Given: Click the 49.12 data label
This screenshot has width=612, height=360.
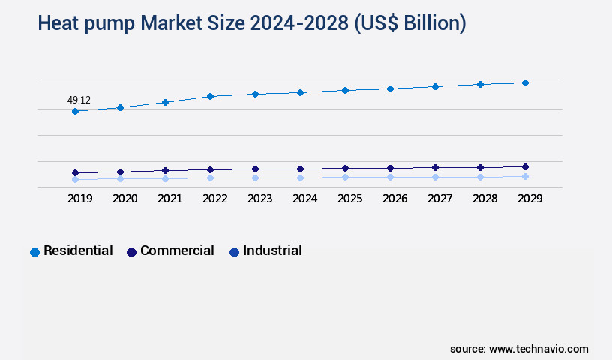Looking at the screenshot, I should (79, 100).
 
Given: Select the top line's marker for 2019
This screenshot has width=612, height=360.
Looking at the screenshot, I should (75, 112).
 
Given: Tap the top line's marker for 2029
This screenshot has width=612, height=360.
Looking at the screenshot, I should (525, 82).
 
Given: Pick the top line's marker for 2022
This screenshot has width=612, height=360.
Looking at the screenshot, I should (210, 96).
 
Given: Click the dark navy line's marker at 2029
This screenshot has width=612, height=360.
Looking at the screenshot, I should (525, 166).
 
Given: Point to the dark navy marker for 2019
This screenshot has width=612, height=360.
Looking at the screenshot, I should (75, 172).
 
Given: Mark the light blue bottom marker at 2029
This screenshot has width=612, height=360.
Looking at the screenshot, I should (525, 176).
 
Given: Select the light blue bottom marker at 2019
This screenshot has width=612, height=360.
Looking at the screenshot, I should (75, 179).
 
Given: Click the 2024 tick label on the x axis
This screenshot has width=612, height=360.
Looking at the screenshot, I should (304, 199).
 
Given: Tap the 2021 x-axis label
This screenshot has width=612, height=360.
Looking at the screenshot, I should (169, 199).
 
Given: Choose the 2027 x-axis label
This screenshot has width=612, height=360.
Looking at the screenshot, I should (439, 199).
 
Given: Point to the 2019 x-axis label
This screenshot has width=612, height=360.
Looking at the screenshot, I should (79, 199).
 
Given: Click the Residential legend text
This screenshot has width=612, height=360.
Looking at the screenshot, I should (78, 250).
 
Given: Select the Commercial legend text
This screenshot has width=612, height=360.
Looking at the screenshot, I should (177, 250).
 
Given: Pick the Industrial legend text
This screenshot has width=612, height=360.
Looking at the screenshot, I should (272, 250).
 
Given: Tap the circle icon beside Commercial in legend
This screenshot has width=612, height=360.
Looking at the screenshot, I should (131, 252).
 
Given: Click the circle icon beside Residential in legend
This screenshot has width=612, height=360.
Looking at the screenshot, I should (34, 252).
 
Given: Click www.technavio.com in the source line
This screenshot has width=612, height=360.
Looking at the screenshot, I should (538, 349).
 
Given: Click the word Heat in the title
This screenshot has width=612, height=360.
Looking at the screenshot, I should (61, 24).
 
